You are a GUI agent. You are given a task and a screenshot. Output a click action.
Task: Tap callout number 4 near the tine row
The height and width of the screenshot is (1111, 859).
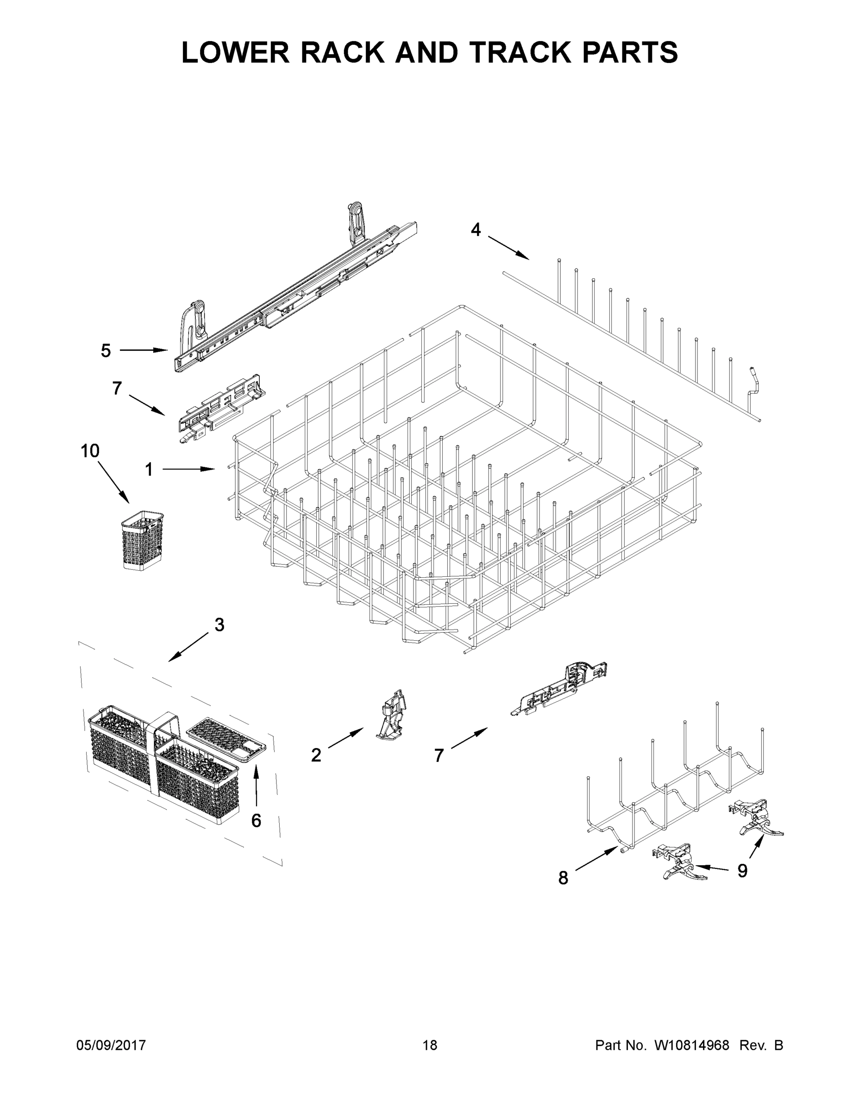(x=475, y=230)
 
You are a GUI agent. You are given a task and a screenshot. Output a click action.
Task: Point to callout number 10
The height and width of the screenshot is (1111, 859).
(x=90, y=451)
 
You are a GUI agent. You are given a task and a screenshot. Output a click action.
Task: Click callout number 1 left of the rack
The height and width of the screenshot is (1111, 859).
(x=149, y=469)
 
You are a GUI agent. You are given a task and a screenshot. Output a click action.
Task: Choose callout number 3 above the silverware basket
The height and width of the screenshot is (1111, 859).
(x=219, y=624)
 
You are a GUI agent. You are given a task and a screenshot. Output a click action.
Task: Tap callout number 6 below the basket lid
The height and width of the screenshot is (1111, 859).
(x=256, y=820)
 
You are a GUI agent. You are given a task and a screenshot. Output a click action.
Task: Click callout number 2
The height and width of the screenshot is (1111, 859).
(x=316, y=755)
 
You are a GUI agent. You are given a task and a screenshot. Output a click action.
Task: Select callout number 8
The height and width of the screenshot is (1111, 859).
(x=563, y=878)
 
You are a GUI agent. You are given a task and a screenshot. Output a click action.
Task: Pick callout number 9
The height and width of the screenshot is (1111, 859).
(x=742, y=871)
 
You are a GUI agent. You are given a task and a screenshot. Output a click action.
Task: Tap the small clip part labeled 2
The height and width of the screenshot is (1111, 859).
(x=392, y=715)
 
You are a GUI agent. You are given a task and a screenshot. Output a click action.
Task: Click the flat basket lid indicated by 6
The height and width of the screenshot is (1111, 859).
(x=226, y=741)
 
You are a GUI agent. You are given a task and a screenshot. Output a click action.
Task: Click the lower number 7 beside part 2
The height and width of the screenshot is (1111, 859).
(x=439, y=755)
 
